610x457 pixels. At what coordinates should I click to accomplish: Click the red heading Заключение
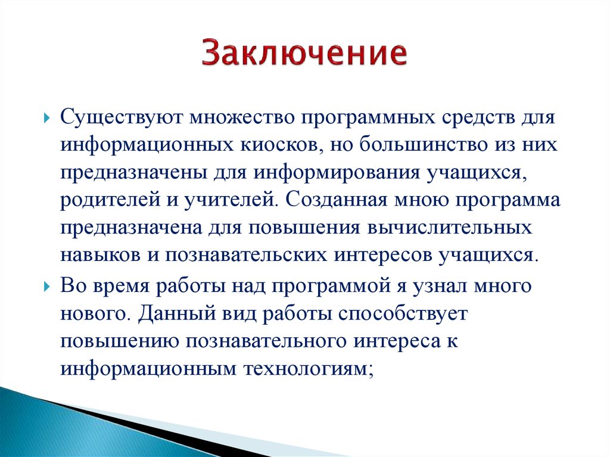point(304,54)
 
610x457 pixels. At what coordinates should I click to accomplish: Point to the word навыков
point(97,254)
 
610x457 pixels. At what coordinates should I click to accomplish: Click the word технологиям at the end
point(307,368)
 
